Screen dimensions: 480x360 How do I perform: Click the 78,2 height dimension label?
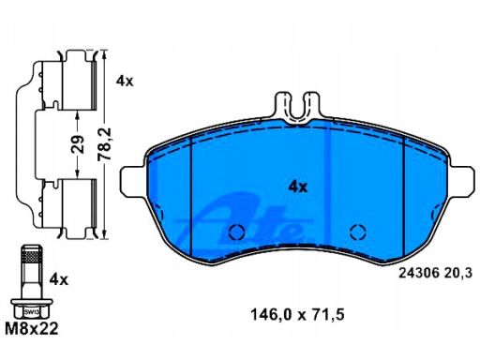[104, 143]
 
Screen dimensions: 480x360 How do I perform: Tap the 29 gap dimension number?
[78, 144]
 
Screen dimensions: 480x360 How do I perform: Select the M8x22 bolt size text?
[32, 328]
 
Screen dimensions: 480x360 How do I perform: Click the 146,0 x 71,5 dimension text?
[297, 315]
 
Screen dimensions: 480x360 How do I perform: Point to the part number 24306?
[417, 274]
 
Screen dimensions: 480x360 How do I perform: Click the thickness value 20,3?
[457, 274]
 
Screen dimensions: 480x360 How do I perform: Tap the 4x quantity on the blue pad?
[298, 187]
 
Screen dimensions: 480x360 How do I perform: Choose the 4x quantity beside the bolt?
[58, 279]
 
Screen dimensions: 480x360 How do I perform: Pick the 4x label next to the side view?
[125, 82]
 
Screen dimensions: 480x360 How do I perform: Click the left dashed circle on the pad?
[236, 232]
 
